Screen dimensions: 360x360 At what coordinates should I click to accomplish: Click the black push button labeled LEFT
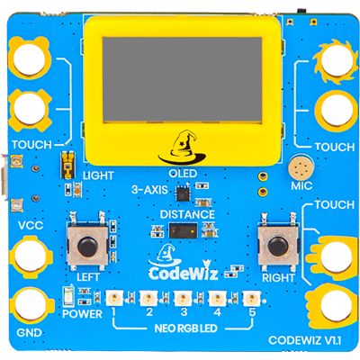pyautogui.click(x=87, y=247)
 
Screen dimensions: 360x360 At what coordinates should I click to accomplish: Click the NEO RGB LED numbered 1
pyautogui.click(x=114, y=298)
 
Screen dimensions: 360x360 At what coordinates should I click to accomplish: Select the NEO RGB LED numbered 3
pyautogui.click(x=183, y=298)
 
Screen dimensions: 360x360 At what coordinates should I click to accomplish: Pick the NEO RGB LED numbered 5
pyautogui.click(x=251, y=298)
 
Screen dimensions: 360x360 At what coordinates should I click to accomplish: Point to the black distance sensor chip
pyautogui.click(x=184, y=230)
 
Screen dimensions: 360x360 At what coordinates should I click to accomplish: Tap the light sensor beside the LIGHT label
pyautogui.click(x=68, y=166)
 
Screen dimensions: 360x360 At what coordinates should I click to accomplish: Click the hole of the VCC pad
pyautogui.click(x=31, y=256)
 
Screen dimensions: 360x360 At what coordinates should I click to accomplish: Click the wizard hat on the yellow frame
pyautogui.click(x=183, y=148)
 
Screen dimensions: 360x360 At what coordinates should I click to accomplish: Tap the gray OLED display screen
pyautogui.click(x=182, y=79)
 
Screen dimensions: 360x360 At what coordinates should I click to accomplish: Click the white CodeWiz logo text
pyautogui.click(x=183, y=273)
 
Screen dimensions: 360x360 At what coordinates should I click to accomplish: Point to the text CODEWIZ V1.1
pyautogui.click(x=305, y=340)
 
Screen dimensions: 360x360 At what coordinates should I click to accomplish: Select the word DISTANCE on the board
pyautogui.click(x=187, y=214)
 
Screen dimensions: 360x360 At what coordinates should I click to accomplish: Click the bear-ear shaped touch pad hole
pyautogui.click(x=29, y=58)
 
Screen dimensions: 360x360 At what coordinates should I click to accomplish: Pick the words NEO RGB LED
pyautogui.click(x=186, y=328)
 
